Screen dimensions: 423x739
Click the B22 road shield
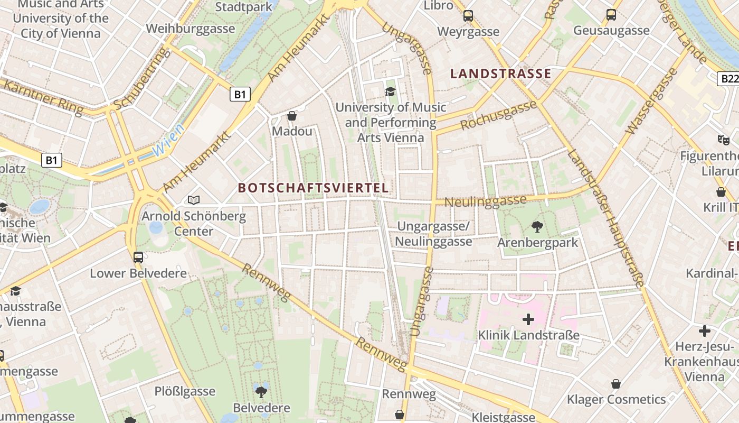(x=729, y=79)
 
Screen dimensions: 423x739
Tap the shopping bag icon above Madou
(x=292, y=115)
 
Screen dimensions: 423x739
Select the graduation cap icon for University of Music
(x=390, y=91)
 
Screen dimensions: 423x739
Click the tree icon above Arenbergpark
(x=537, y=227)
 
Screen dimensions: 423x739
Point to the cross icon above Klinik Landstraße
(x=528, y=319)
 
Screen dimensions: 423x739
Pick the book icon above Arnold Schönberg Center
(x=194, y=200)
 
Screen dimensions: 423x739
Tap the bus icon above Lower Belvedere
(x=138, y=258)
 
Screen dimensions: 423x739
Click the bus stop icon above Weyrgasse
(x=468, y=16)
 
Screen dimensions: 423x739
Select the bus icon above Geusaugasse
(x=611, y=15)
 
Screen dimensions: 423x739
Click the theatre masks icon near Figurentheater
(x=723, y=140)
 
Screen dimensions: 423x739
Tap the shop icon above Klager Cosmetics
(x=616, y=383)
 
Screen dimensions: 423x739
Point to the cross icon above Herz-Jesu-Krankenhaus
(x=705, y=331)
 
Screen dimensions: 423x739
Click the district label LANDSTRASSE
(x=500, y=73)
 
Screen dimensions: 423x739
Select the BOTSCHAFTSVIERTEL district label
(x=313, y=188)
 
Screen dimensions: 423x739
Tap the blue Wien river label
(x=168, y=140)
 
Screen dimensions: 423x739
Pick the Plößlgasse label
(x=185, y=391)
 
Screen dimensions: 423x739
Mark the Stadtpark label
(x=244, y=7)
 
